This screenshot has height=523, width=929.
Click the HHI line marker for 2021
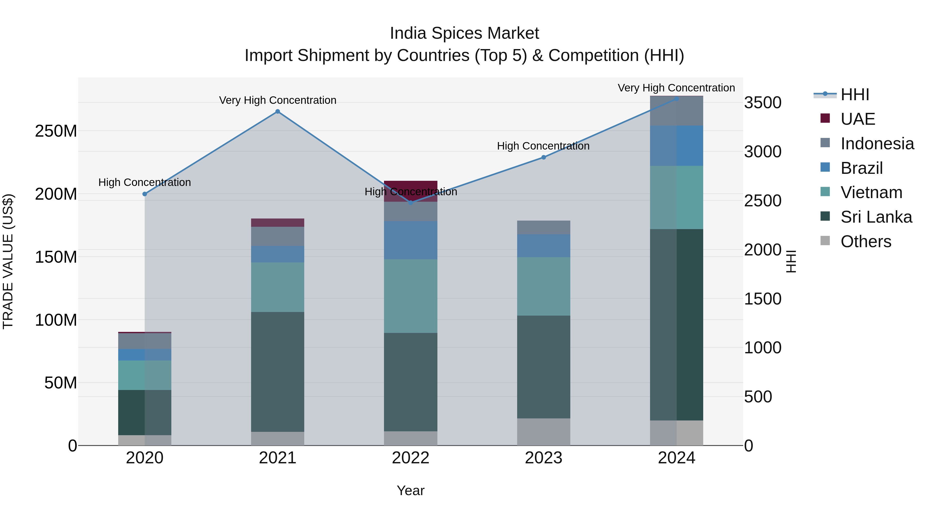[x=277, y=112]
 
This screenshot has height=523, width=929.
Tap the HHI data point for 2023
[x=543, y=157]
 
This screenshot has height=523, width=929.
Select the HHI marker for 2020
[x=145, y=194]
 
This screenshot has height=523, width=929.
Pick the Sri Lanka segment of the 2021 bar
[x=277, y=372]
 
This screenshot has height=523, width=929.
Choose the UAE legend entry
[x=857, y=119]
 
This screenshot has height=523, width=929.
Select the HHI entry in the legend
[x=854, y=95]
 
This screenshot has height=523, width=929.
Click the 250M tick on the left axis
[x=56, y=131]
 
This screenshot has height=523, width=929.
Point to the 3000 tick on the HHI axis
[x=762, y=152]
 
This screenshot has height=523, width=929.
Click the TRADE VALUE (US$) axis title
[x=8, y=261]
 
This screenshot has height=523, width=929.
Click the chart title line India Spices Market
[x=464, y=33]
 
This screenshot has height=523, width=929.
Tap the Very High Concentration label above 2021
[x=277, y=100]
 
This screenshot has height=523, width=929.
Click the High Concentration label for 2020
[x=145, y=183]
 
